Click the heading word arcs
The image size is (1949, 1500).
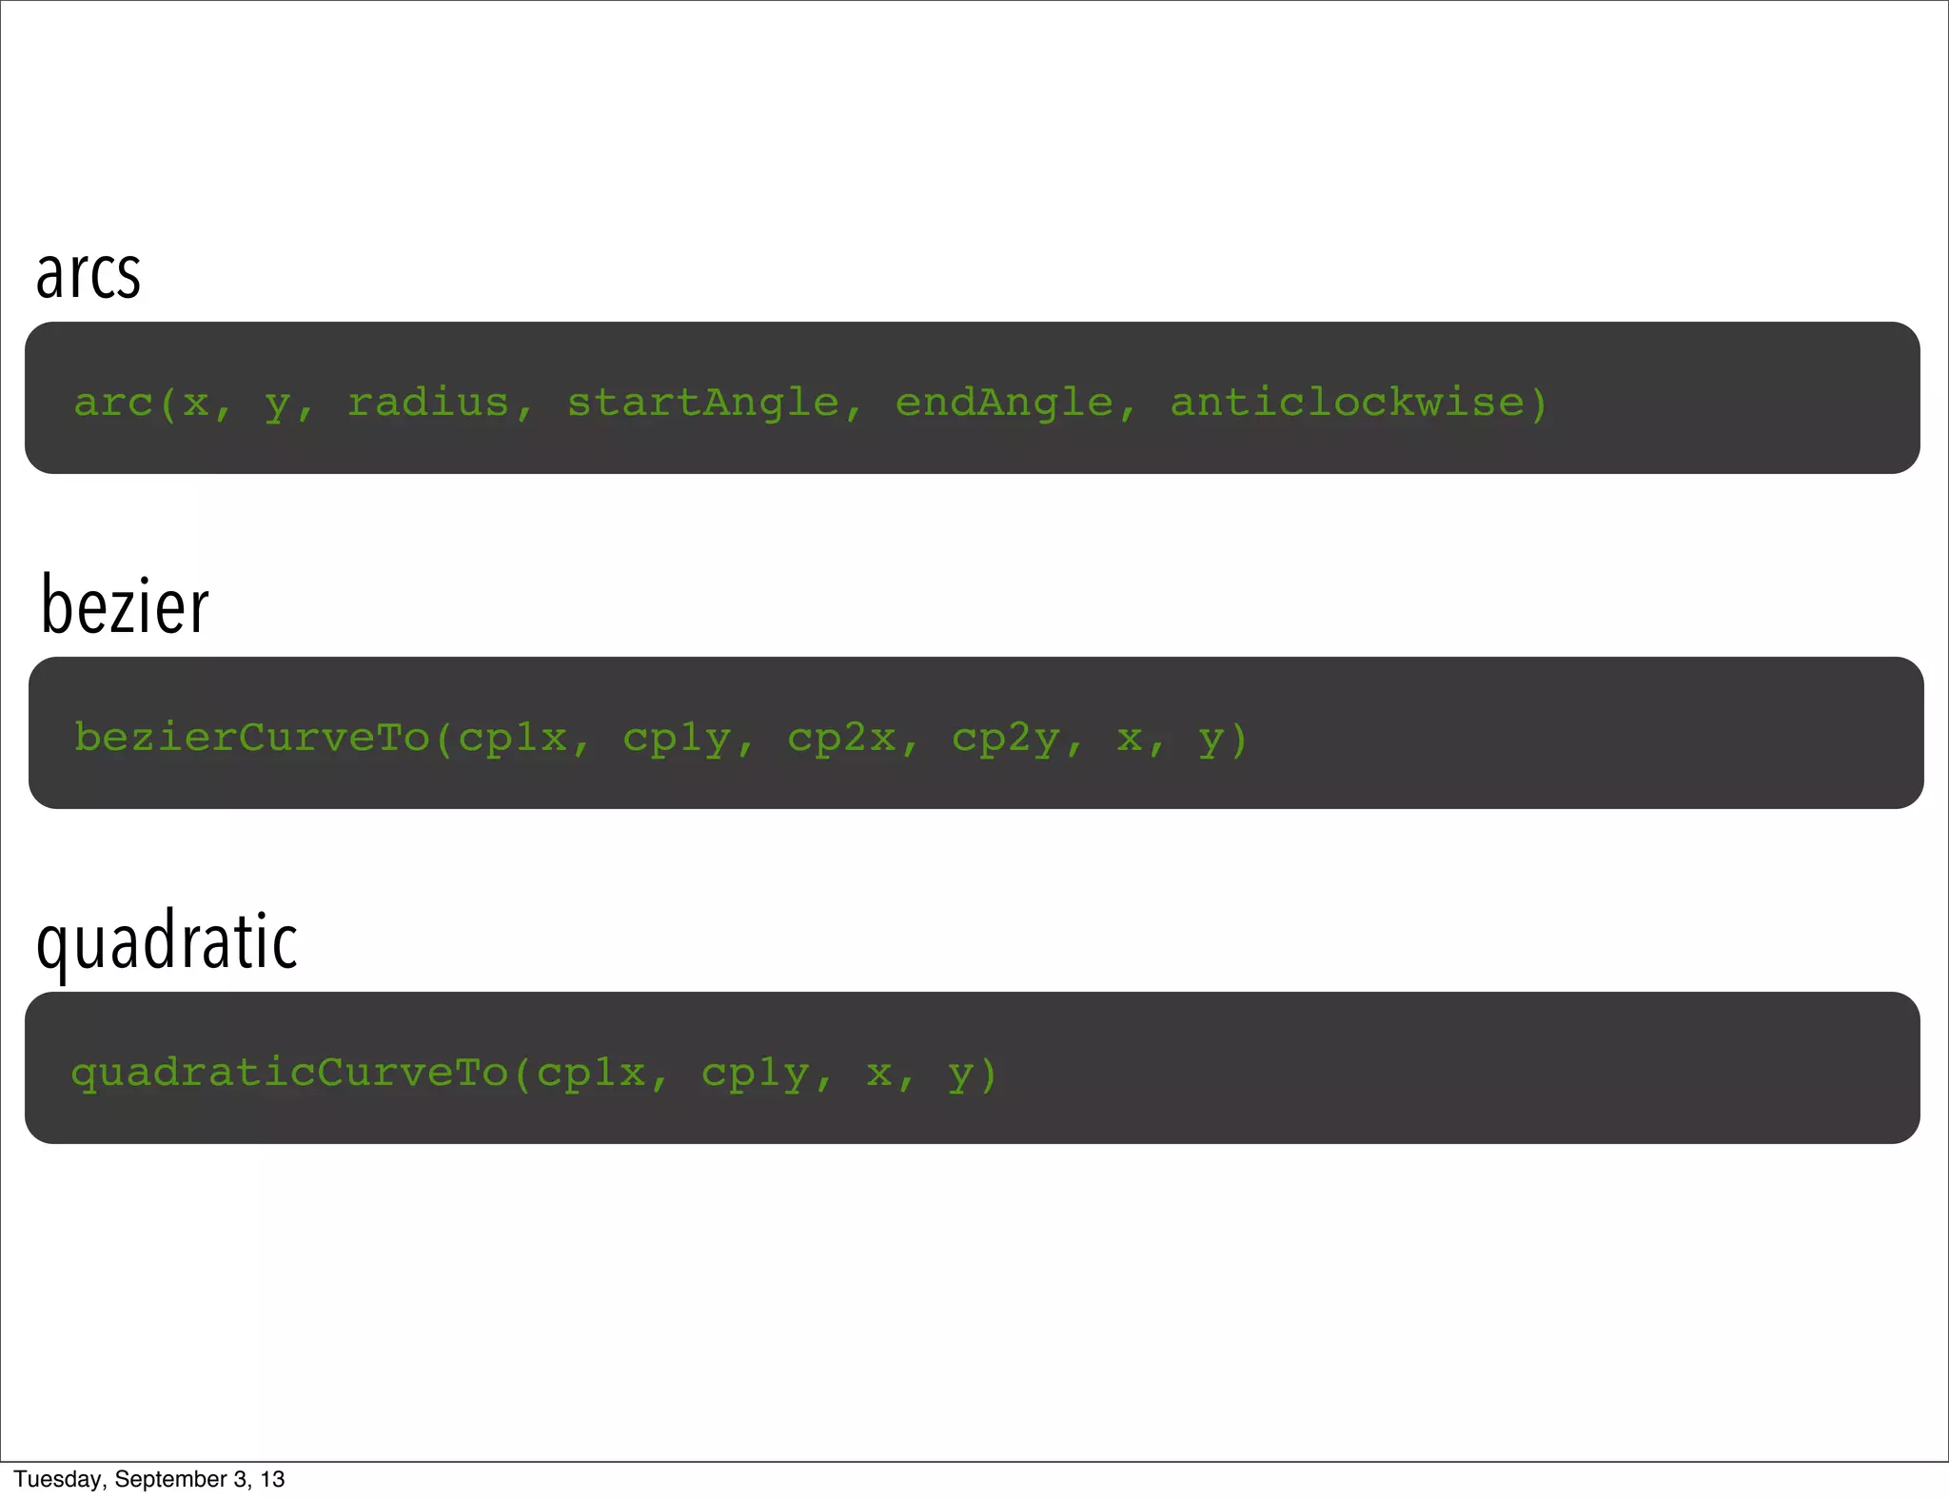[89, 274]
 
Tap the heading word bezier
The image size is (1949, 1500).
[125, 606]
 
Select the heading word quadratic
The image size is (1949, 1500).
[167, 941]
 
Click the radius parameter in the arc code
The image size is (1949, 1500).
[428, 403]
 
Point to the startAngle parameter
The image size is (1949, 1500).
[703, 404]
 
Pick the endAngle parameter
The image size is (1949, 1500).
[1004, 404]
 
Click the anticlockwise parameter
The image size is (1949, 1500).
[1347, 403]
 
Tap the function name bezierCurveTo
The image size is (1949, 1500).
[252, 738]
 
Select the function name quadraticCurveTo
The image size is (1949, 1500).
[290, 1074]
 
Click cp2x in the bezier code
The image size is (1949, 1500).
[841, 738]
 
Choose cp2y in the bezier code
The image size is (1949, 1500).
[1006, 739]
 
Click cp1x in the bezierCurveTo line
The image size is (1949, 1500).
[512, 738]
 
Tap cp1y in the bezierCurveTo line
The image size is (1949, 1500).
[677, 739]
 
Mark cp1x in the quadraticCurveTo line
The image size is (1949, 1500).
[591, 1074]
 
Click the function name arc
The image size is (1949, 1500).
[113, 404]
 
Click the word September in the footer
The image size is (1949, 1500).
[170, 1479]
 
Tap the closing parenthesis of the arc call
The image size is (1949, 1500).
[1538, 404]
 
